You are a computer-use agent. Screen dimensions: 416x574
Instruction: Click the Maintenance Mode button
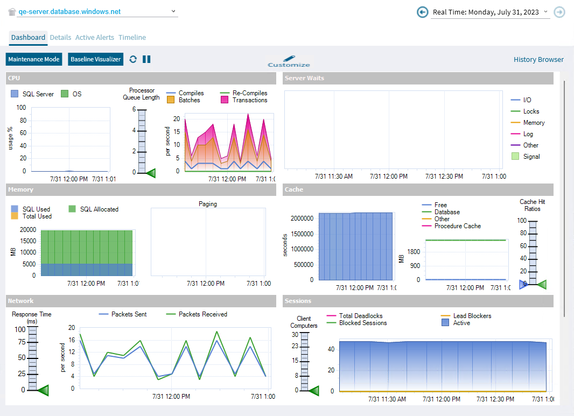pos(34,59)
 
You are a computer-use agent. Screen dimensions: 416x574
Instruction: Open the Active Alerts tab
pos(95,38)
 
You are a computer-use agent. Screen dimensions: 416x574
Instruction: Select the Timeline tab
pos(132,38)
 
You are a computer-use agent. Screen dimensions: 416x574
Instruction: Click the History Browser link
pos(538,60)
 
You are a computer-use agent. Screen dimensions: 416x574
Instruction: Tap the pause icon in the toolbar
pos(146,59)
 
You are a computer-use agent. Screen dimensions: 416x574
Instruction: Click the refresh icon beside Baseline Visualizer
pos(133,59)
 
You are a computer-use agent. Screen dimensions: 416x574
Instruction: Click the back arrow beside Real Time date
pos(423,12)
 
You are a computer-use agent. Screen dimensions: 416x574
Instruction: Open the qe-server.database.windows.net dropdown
pos(173,11)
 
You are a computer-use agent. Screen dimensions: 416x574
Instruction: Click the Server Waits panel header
pos(418,79)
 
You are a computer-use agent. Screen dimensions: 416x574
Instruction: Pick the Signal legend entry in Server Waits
pos(531,157)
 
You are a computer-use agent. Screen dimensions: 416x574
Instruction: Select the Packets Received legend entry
pos(202,314)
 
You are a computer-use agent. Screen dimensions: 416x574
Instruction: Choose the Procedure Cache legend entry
pos(457,226)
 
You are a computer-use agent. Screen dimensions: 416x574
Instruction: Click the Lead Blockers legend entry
pos(472,316)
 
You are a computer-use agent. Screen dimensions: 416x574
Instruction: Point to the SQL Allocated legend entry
pos(99,209)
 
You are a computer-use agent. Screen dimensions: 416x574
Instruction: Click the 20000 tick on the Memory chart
pos(27,230)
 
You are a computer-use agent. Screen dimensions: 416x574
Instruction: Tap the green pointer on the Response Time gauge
pos(43,390)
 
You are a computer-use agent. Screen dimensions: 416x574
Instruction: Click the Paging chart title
pos(208,204)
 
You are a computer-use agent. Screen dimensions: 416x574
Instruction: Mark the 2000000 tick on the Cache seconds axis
pos(302,218)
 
